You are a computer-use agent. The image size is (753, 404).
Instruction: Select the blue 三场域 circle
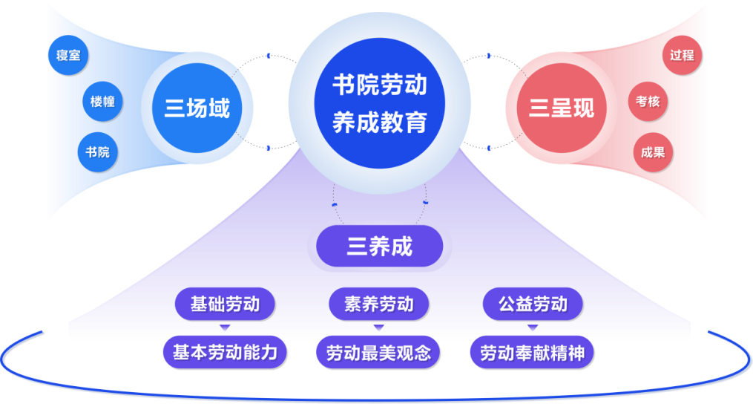[197, 108]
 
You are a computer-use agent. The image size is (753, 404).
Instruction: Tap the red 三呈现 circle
[562, 108]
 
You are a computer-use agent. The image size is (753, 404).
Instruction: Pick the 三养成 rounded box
[379, 246]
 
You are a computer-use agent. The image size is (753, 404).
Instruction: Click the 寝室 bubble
[68, 55]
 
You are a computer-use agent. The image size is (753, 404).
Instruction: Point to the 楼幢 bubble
[102, 101]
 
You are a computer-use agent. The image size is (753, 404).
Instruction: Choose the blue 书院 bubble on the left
[97, 152]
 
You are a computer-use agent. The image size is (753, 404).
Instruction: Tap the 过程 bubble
[681, 56]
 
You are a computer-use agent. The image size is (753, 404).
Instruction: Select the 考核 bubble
[648, 101]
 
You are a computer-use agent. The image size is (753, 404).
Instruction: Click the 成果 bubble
[653, 152]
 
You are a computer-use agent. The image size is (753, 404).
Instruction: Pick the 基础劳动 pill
[225, 304]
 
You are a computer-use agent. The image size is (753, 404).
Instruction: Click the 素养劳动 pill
[378, 304]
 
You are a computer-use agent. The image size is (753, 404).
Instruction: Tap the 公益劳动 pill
[532, 304]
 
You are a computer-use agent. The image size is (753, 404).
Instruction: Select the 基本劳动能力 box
[225, 352]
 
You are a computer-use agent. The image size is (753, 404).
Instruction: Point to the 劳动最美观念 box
[378, 352]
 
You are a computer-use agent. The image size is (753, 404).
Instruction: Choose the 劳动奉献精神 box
[532, 353]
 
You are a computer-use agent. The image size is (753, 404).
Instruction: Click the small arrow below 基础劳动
[225, 328]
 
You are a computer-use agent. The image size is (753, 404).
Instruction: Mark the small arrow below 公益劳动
[532, 328]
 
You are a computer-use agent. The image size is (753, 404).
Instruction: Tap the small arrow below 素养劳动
[378, 328]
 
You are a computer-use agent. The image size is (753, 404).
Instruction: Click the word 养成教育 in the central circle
[379, 120]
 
